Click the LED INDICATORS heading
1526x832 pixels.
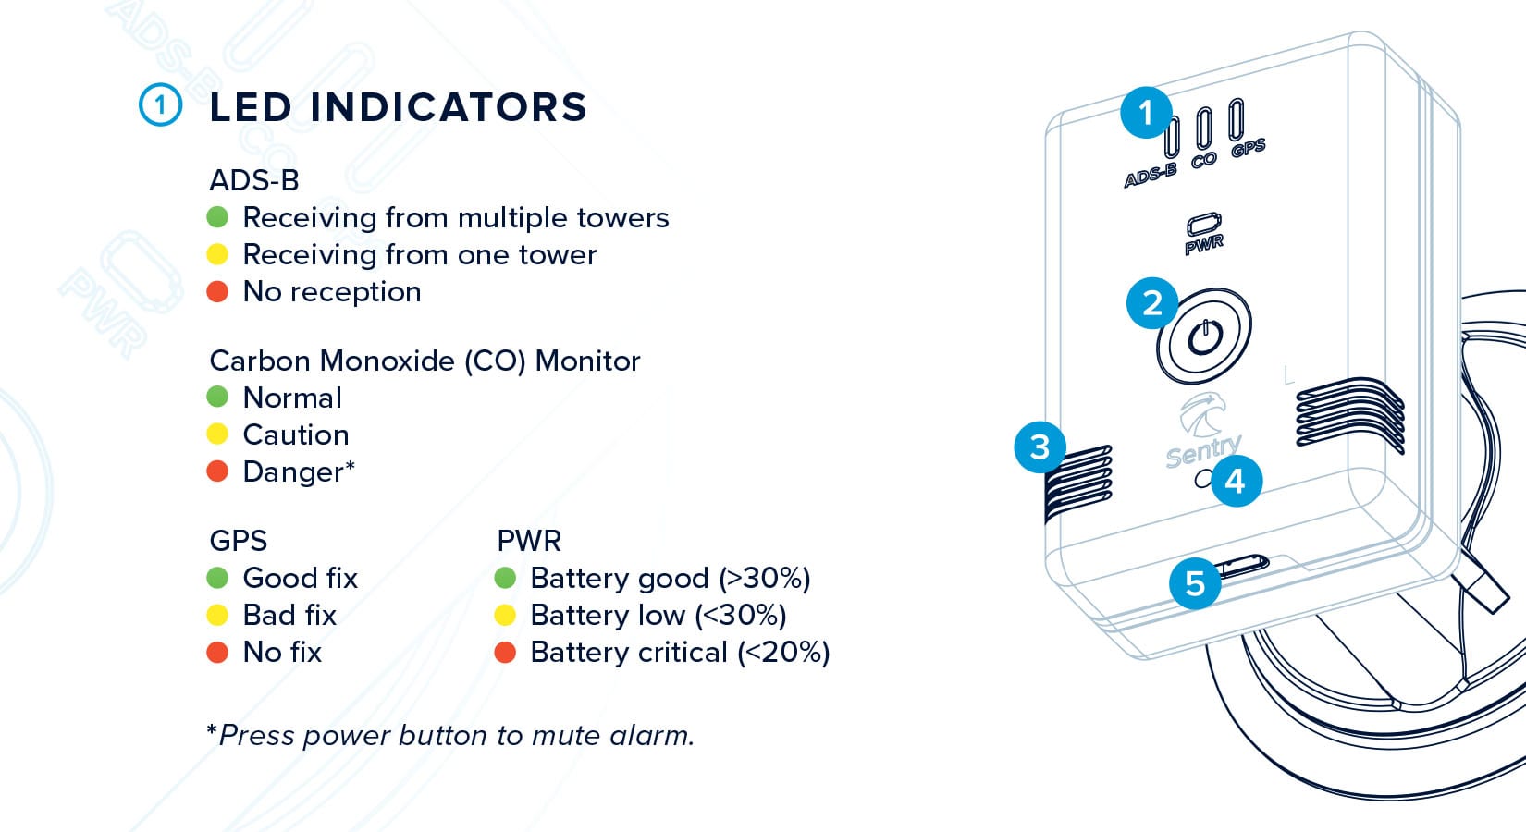398,107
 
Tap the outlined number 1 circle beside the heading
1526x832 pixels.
160,104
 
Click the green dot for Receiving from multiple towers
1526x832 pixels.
217,217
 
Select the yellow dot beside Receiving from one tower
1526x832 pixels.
217,254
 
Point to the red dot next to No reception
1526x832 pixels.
217,291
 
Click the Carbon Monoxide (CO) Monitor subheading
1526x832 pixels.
425,361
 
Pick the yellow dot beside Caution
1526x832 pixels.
217,434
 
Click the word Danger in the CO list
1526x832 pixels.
293,471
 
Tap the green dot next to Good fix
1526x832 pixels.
217,578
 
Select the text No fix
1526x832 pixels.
282,653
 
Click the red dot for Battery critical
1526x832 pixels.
505,652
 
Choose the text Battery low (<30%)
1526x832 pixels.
658,616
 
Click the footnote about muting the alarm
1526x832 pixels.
450,735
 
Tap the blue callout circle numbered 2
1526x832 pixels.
1152,303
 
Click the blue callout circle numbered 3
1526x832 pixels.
1040,447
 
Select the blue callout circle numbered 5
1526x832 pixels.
1195,583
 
